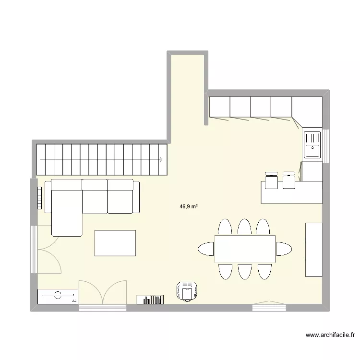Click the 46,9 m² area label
click(189, 206)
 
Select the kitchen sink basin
click(312, 144)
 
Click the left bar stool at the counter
click(271, 179)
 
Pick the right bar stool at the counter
click(289, 179)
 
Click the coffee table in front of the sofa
click(115, 243)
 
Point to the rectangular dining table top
click(245, 249)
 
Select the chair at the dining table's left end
click(206, 249)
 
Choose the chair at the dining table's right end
click(283, 249)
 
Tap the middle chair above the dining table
click(244, 227)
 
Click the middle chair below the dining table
click(244, 271)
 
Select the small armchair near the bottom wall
click(187, 291)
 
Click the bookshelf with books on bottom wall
click(150, 300)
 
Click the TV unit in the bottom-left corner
click(58, 296)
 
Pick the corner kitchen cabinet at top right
click(307, 112)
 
